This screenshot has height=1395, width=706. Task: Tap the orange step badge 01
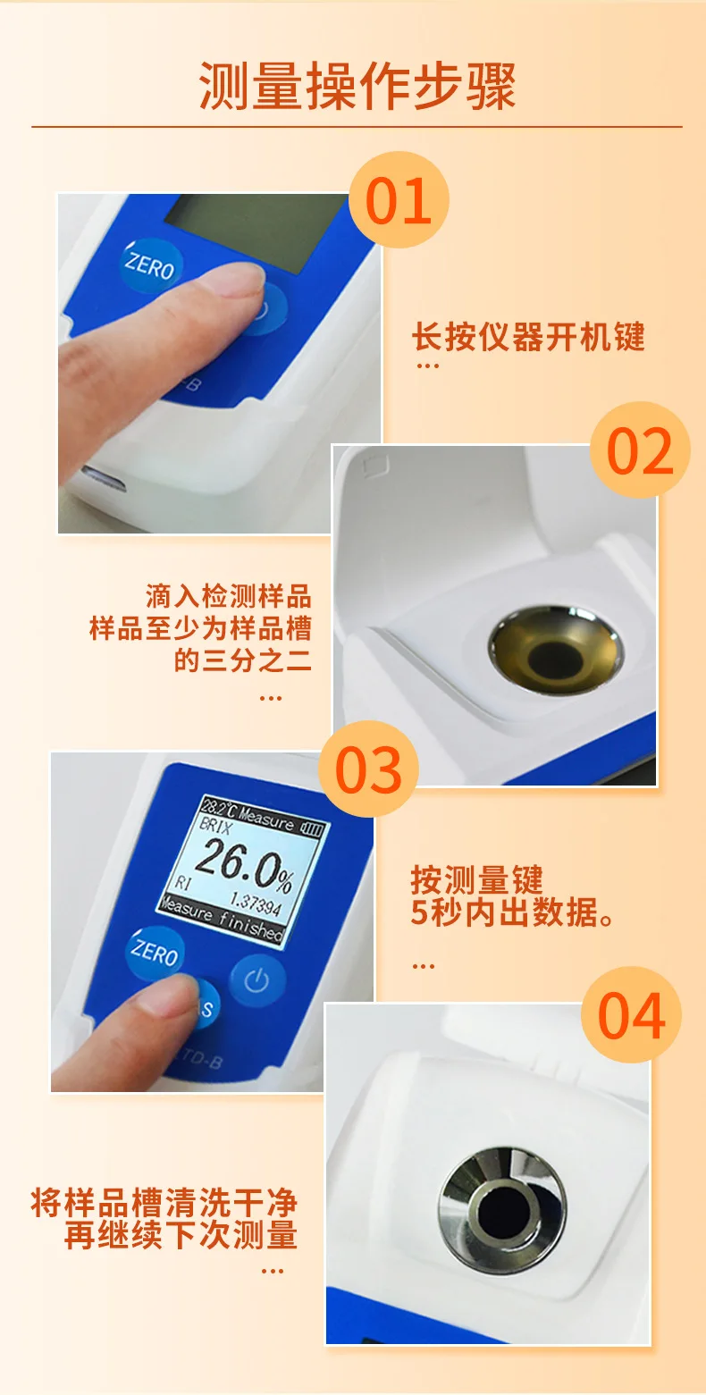tap(399, 200)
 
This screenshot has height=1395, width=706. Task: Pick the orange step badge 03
tap(369, 769)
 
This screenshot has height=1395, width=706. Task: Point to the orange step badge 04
tap(631, 1015)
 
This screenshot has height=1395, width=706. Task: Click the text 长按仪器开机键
tap(527, 337)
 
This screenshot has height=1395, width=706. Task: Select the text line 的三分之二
tap(242, 660)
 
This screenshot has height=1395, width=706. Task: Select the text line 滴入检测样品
tap(228, 596)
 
